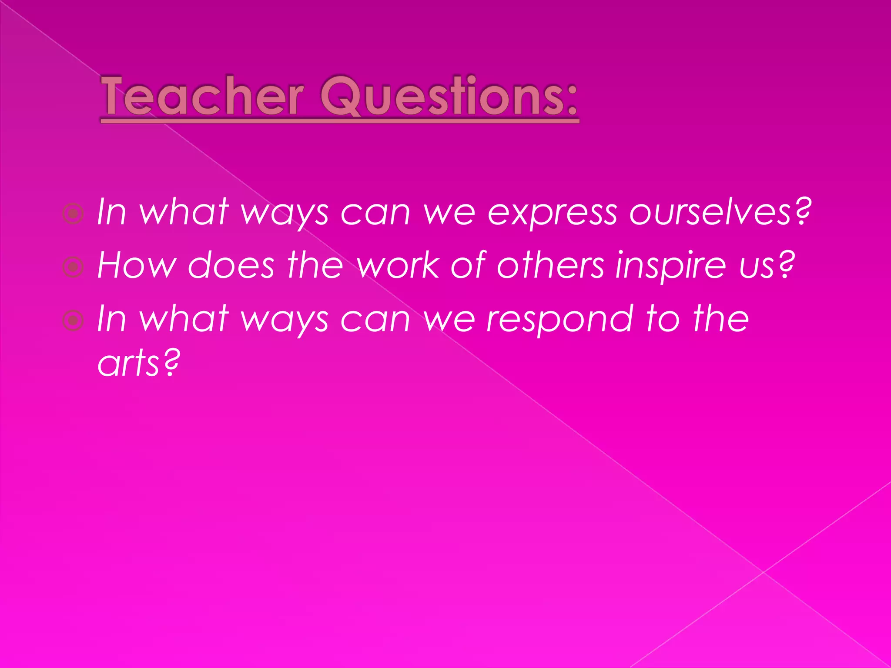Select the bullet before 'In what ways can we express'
click(x=73, y=214)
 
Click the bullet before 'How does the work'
click(x=73, y=267)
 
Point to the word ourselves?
click(x=720, y=213)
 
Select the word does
click(x=231, y=265)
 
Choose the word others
click(x=551, y=265)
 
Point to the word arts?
click(x=138, y=364)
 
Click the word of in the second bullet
click(x=468, y=265)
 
